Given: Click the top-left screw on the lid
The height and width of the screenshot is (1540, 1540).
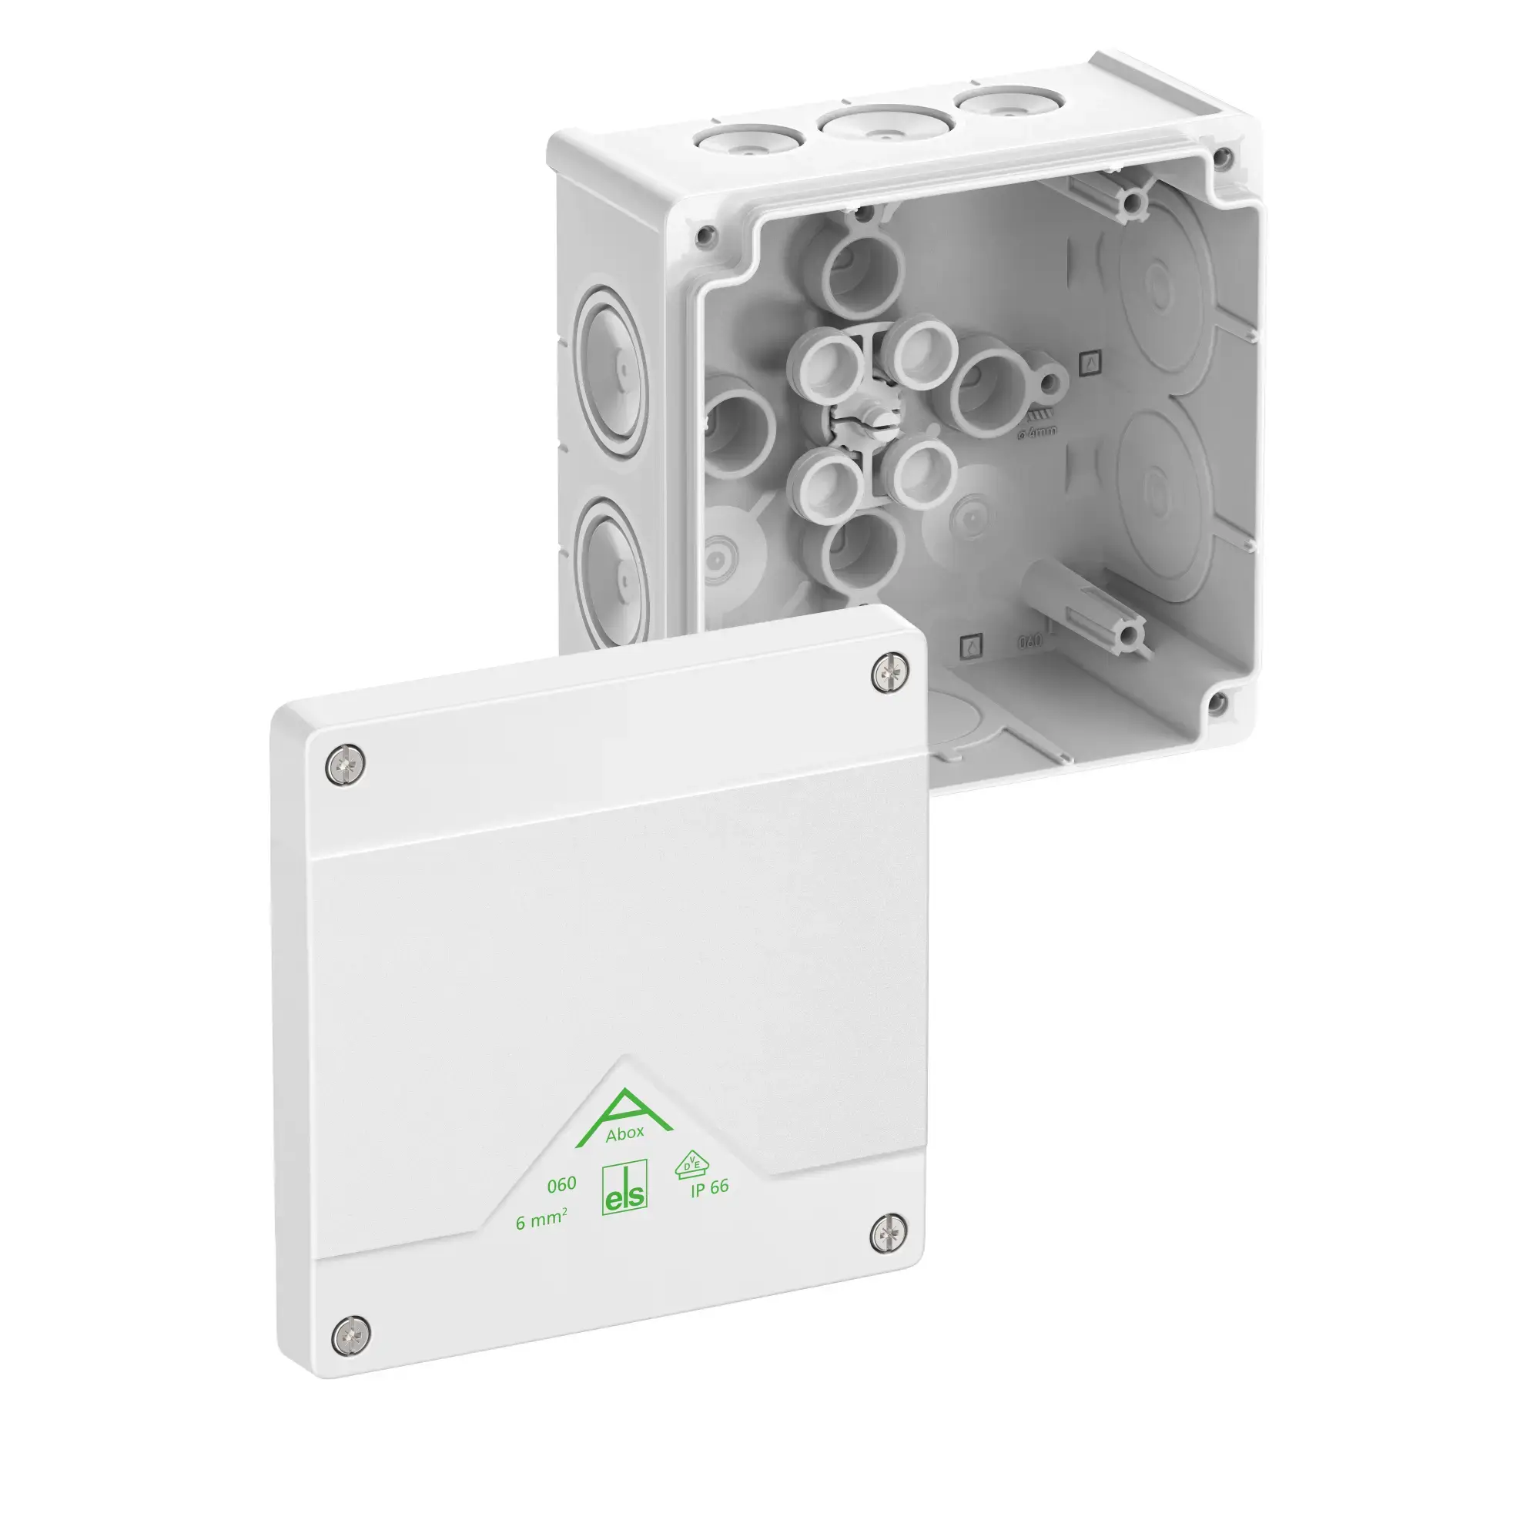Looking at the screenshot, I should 346,764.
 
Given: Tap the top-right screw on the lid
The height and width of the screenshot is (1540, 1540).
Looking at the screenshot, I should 890,674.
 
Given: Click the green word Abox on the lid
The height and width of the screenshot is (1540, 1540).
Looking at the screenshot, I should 624,1134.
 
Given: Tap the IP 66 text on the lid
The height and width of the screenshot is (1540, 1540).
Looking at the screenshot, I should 709,1187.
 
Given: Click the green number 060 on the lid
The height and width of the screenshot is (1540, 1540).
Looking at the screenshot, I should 561,1184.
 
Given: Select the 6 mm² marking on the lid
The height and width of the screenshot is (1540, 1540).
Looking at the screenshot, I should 541,1220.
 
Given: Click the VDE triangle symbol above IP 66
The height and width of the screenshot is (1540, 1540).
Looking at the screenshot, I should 690,1163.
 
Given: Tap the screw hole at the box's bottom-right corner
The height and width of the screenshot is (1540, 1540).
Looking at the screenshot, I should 1217,702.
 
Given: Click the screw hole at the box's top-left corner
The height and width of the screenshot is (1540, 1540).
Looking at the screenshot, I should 704,234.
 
